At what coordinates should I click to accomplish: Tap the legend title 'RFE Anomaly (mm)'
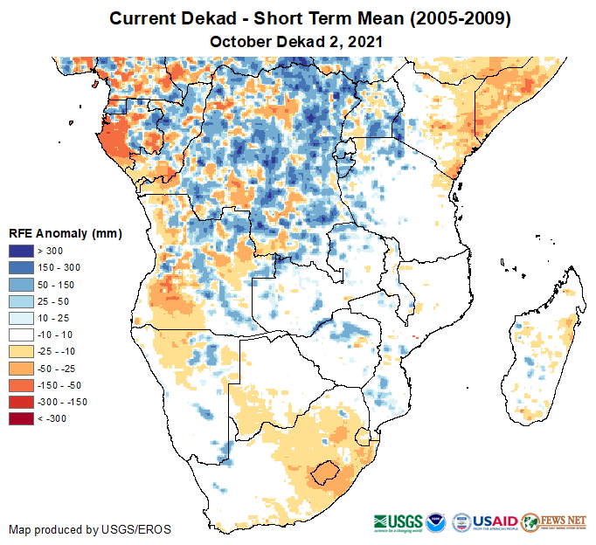[x=65, y=233]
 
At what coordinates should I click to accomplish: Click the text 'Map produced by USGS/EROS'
[x=90, y=529]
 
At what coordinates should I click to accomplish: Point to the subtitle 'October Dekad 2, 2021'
[x=297, y=41]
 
